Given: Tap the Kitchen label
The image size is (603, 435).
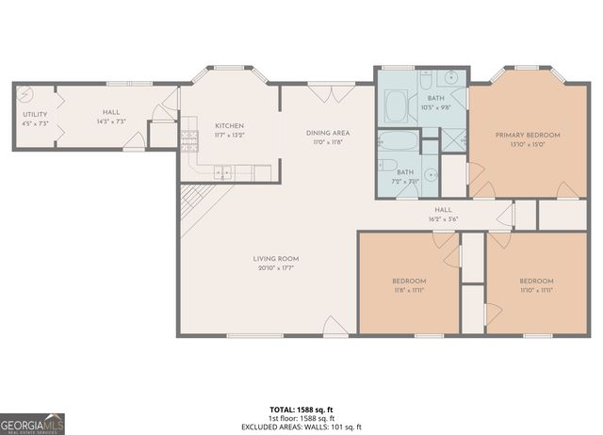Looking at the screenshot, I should click(x=229, y=125).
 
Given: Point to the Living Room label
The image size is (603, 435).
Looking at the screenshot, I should click(x=275, y=259).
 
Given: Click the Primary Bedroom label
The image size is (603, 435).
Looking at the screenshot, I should click(x=528, y=136).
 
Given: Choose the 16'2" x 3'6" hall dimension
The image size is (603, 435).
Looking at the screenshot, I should click(x=443, y=218).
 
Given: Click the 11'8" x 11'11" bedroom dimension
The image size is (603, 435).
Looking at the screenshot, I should click(x=409, y=290).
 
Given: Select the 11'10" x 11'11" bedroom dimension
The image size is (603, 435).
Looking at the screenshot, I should click(x=535, y=290).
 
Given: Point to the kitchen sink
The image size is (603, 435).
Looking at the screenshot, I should click(x=223, y=171).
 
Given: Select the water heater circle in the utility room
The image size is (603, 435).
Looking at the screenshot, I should click(x=24, y=94).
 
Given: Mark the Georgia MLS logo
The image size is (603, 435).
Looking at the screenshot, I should click(x=33, y=423).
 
